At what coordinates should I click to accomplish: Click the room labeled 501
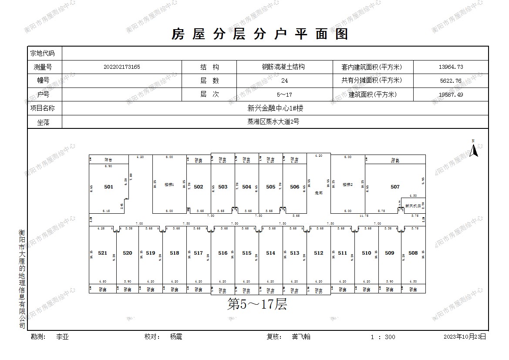pyautogui.click(x=108, y=187)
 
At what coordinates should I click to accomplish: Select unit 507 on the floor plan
pyautogui.click(x=395, y=187)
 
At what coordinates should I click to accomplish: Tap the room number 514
pyautogui.click(x=270, y=253)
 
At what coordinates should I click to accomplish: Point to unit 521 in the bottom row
pyautogui.click(x=102, y=253)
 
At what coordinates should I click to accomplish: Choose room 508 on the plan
pyautogui.click(x=413, y=253)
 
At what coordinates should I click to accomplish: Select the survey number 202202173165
pyautogui.click(x=122, y=67)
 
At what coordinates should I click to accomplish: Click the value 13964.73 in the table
pyautogui.click(x=451, y=67)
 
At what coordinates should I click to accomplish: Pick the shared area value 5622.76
pyautogui.click(x=451, y=81)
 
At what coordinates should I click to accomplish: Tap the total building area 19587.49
pyautogui.click(x=451, y=94)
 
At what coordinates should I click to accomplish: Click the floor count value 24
pyautogui.click(x=285, y=81)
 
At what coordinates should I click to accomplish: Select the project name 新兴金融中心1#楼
pyautogui.click(x=275, y=108)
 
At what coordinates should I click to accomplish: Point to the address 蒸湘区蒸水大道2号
pyautogui.click(x=273, y=122)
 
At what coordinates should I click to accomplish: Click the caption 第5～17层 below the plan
pyautogui.click(x=257, y=304)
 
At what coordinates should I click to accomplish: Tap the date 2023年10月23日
pyautogui.click(x=465, y=336)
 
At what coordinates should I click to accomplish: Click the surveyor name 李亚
pyautogui.click(x=63, y=336)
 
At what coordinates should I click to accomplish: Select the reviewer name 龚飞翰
pyautogui.click(x=301, y=336)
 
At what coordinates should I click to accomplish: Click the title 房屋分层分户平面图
pyautogui.click(x=260, y=34)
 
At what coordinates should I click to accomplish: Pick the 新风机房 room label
pyautogui.click(x=412, y=205)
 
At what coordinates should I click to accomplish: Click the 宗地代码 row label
pyautogui.click(x=42, y=54)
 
